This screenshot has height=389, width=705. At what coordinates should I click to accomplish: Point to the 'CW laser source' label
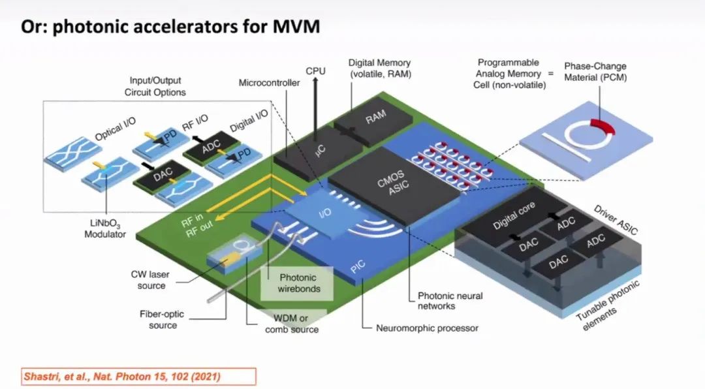tap(151, 280)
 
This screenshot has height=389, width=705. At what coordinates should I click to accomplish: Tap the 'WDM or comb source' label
tap(292, 324)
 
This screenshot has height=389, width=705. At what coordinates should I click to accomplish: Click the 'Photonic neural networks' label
tap(450, 300)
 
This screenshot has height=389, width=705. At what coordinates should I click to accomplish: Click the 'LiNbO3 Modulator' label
tap(105, 229)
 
